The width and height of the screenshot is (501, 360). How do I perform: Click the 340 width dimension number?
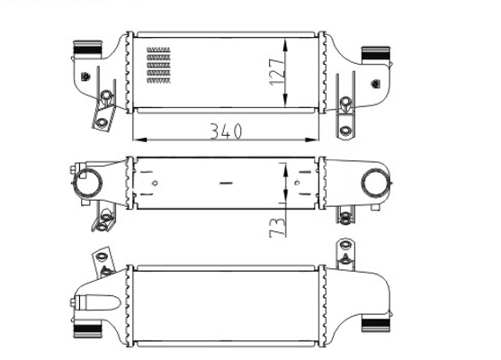(226, 130)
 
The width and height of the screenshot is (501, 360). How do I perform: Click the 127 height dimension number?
(276, 72)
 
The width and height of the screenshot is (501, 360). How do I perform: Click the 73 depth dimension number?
(277, 227)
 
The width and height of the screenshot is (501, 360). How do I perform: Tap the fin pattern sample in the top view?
(158, 65)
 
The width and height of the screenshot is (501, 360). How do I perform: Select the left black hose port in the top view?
(87, 48)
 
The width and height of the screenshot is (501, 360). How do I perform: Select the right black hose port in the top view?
(375, 54)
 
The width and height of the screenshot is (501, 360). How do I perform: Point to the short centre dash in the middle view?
(227, 183)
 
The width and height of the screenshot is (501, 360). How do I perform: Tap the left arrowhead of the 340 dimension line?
(139, 139)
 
